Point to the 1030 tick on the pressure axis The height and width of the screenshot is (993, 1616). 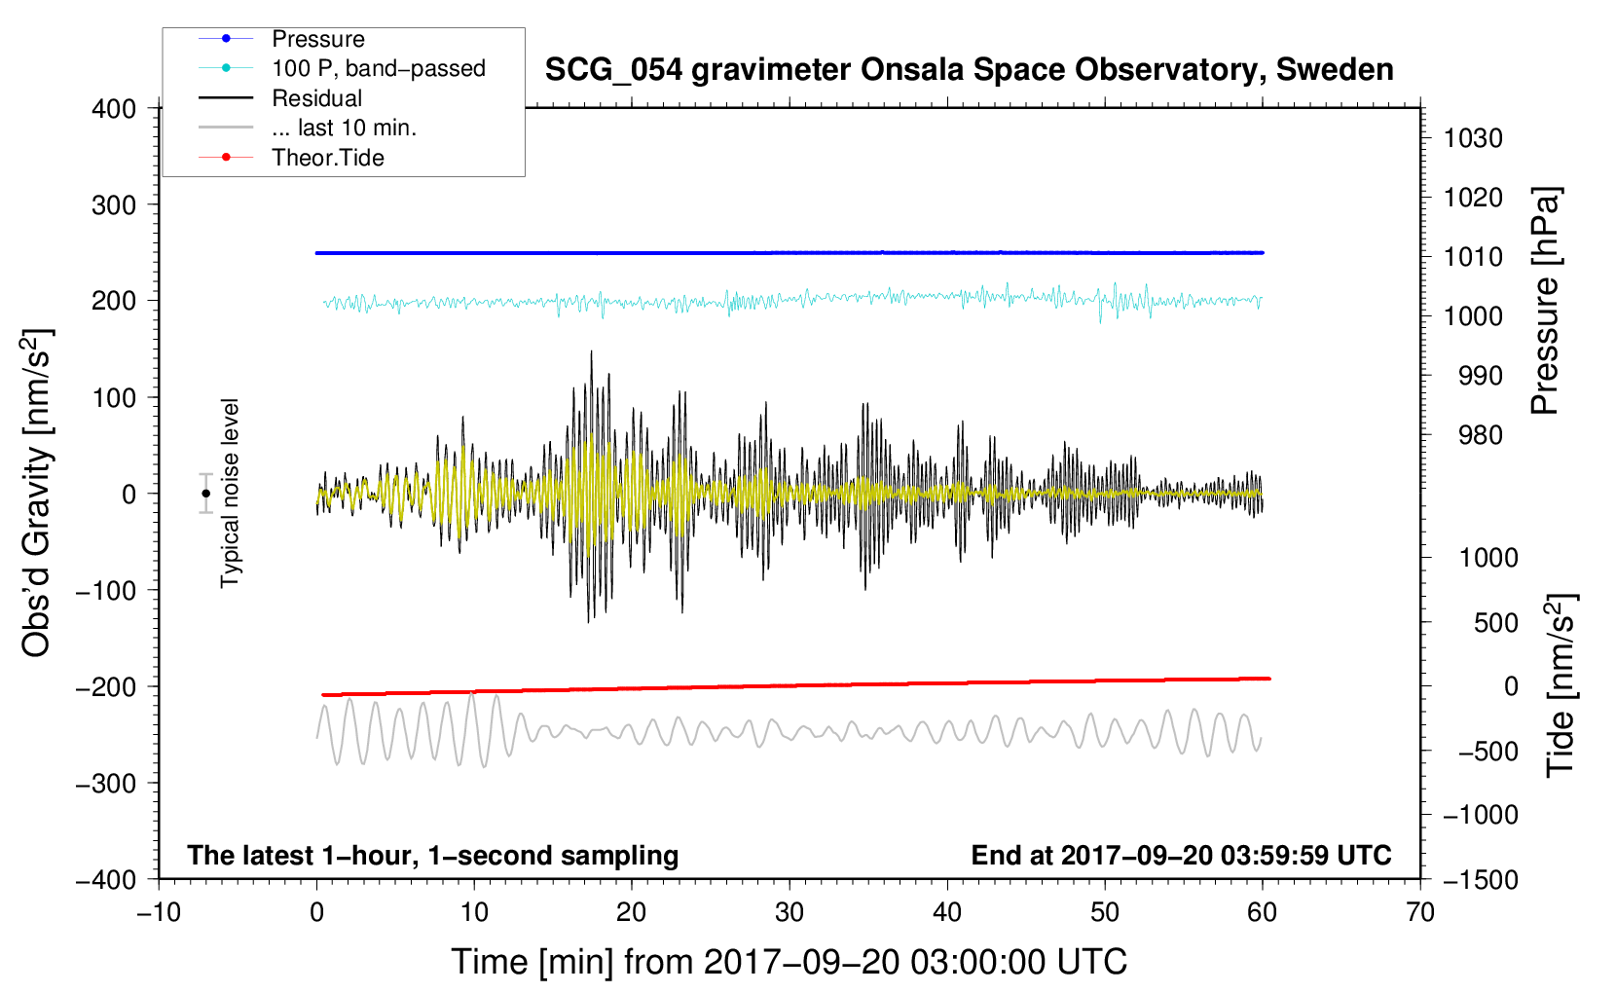1473,138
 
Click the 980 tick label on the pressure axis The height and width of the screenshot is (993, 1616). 1480,435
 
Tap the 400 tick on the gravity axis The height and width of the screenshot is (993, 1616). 114,109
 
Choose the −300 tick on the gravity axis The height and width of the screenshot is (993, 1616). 106,783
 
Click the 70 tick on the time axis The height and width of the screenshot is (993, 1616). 1419,912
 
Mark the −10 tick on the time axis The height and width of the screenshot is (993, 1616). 159,912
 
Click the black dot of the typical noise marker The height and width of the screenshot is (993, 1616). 205,494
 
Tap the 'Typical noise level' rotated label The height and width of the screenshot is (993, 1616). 230,494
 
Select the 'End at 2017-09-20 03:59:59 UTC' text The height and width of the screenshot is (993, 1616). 1181,855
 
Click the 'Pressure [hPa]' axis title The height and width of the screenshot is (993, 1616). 1545,301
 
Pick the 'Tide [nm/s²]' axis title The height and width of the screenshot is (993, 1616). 1561,685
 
